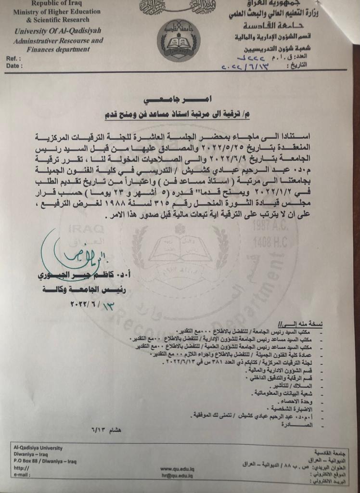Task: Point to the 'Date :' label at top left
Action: pyautogui.click(x=14, y=65)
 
